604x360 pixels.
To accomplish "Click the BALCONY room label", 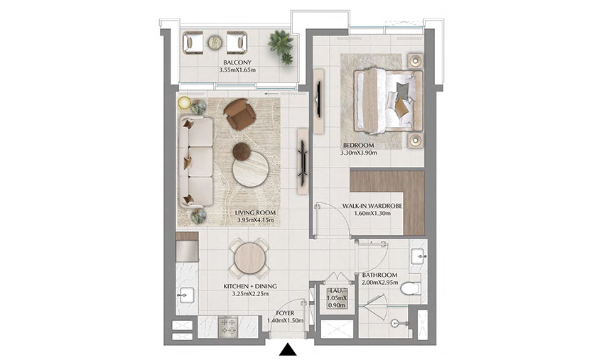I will click(x=236, y=62).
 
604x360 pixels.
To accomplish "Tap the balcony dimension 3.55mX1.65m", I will click(x=236, y=71).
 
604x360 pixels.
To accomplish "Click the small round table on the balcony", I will click(x=215, y=43).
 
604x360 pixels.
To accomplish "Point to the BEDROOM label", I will click(x=359, y=145).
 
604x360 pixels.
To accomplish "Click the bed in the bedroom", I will click(x=384, y=100).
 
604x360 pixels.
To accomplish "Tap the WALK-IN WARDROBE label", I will click(x=372, y=206).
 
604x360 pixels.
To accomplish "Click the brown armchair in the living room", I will click(x=239, y=114).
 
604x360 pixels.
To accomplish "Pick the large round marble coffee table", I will click(x=251, y=169).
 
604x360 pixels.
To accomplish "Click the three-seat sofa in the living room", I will click(x=195, y=162).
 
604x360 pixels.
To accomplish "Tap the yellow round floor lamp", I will click(x=185, y=103).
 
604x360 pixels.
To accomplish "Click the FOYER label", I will click(x=286, y=312).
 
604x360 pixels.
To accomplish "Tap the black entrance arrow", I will click(x=288, y=349).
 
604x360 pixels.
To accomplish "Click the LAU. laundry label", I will click(x=337, y=290).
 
